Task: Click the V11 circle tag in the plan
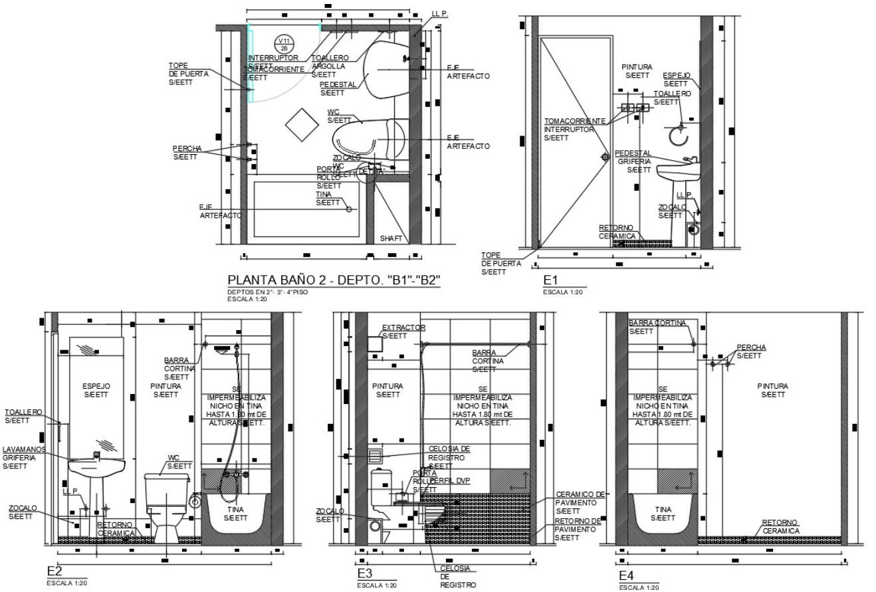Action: point(284,45)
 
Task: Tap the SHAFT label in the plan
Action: point(391,238)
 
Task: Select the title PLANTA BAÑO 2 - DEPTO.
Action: point(334,280)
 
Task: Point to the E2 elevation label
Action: point(55,571)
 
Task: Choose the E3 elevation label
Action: point(364,573)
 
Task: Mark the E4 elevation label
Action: point(627,575)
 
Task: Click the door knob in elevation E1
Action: point(605,157)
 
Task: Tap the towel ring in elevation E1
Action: point(678,136)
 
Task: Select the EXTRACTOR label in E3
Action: point(403,328)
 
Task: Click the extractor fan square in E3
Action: point(376,344)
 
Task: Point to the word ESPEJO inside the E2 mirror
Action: point(96,386)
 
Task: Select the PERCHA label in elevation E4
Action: point(751,347)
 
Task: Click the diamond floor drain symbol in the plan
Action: point(301,124)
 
